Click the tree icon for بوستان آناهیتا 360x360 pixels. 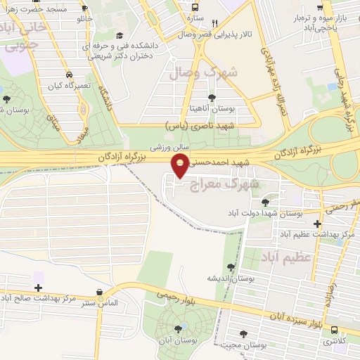212,97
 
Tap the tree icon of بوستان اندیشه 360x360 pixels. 231,267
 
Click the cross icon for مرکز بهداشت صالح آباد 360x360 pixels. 38,288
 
